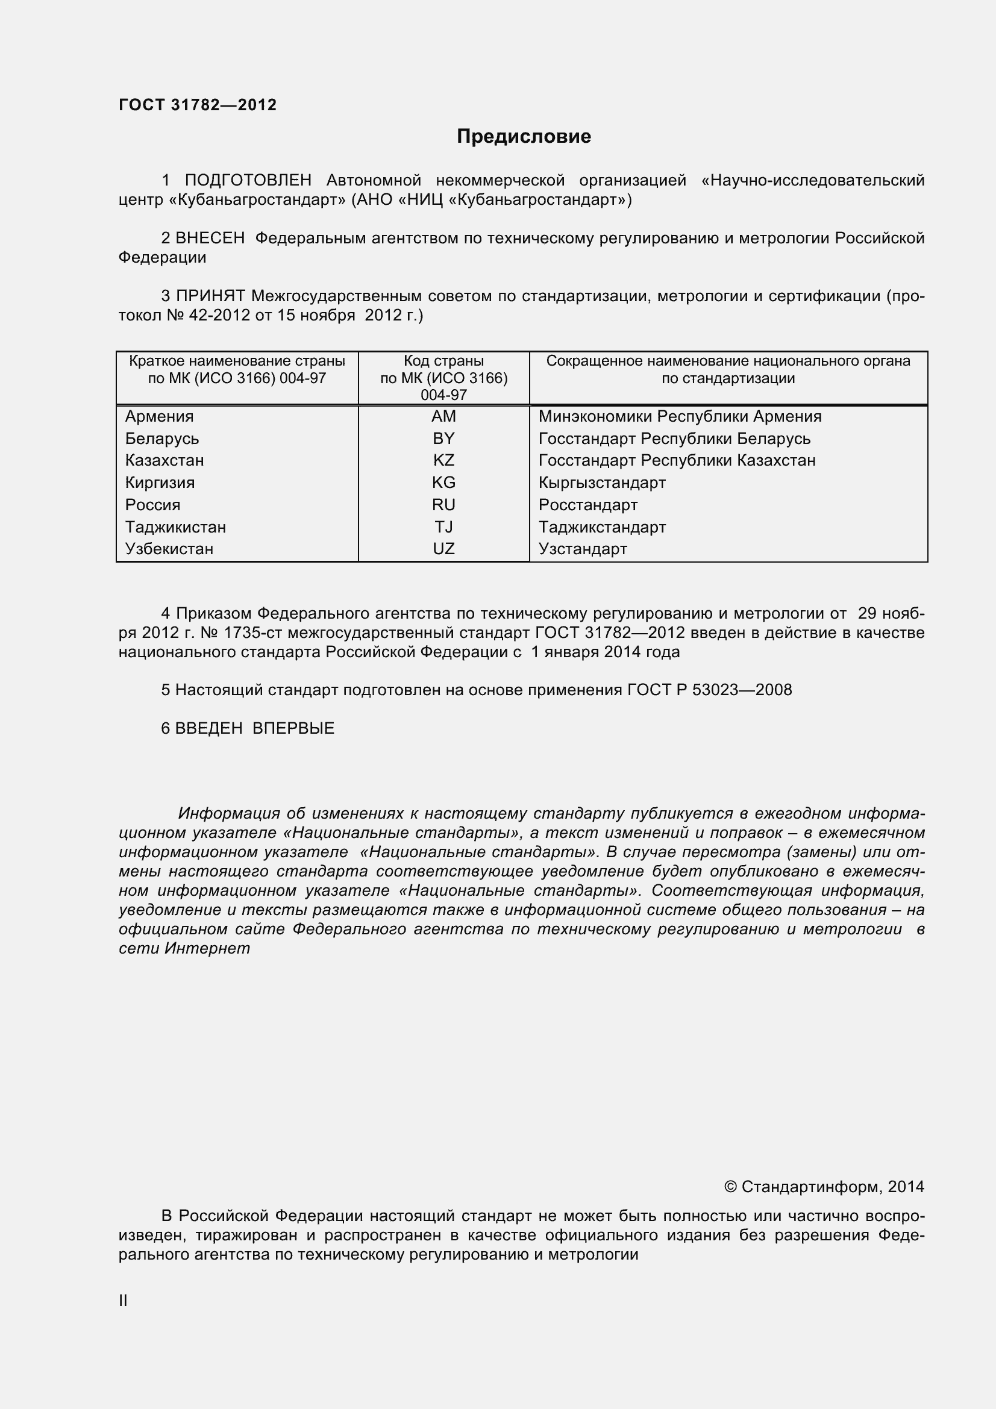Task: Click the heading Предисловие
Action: click(x=524, y=136)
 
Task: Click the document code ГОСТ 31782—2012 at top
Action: click(x=198, y=105)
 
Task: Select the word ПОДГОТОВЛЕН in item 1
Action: click(x=248, y=181)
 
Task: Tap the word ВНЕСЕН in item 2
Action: click(x=210, y=238)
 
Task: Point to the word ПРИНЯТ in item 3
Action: click(x=210, y=296)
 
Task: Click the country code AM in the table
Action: click(x=443, y=417)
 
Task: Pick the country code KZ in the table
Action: click(x=443, y=460)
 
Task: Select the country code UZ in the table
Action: click(x=443, y=549)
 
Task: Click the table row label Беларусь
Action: click(x=162, y=439)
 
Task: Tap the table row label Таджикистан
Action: click(x=175, y=527)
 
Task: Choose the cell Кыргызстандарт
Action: click(x=601, y=483)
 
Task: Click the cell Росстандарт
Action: click(x=588, y=505)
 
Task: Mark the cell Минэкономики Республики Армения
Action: click(x=679, y=417)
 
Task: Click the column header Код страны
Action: click(x=443, y=361)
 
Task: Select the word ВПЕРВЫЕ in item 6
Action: click(x=293, y=728)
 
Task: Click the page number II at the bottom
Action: click(x=123, y=1301)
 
